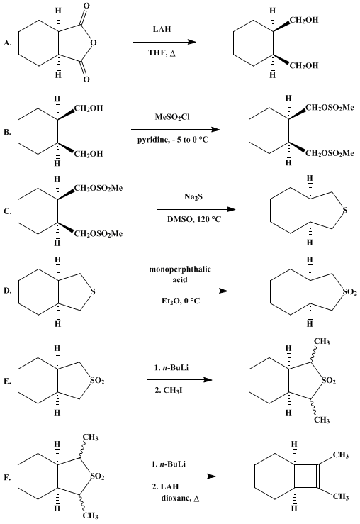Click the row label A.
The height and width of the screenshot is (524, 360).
coord(7,43)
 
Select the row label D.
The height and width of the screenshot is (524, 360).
coord(7,291)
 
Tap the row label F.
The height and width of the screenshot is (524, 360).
coord(7,478)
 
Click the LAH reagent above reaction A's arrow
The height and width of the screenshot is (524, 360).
coord(162,29)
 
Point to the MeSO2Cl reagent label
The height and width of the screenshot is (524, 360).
coord(172,117)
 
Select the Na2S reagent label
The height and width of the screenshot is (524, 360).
coord(193,197)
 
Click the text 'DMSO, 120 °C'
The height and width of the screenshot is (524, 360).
coord(194,220)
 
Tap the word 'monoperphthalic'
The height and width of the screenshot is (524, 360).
coord(180,269)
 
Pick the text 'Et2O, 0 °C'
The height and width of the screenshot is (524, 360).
coord(181,301)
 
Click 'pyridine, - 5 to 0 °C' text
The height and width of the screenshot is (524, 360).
coord(173,140)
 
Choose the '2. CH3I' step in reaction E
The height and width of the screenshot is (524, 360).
coord(169,390)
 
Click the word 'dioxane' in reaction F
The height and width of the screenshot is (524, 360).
coord(176,498)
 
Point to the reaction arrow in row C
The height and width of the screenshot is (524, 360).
coord(196,210)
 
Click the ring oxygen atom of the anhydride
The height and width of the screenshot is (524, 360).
coord(93,43)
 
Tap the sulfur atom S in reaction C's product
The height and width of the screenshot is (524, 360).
coord(345,210)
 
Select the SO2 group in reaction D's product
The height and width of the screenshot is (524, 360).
coord(349,292)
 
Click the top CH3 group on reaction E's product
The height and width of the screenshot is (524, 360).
coord(322,342)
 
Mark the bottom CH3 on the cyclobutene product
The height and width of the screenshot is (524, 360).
coord(341,497)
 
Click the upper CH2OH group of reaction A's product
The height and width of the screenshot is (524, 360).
coord(304,21)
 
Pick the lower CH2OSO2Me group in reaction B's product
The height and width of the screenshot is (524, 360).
coord(330,153)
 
